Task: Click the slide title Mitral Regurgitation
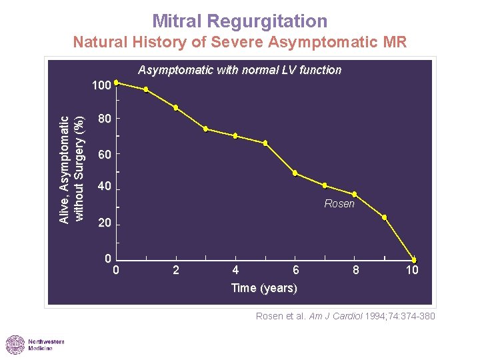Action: click(x=239, y=21)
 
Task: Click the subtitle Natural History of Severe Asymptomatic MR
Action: click(x=239, y=43)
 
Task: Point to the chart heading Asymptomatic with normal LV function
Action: click(x=239, y=70)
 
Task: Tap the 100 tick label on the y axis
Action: click(x=101, y=86)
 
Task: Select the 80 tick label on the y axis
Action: click(x=104, y=119)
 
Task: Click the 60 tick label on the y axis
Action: click(x=104, y=155)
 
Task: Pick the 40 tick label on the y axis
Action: click(x=104, y=187)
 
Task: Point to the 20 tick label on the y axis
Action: click(x=104, y=223)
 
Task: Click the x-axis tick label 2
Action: click(x=176, y=270)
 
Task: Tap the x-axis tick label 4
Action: click(x=235, y=270)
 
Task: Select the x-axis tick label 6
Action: click(x=296, y=270)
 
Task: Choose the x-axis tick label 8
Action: click(x=356, y=270)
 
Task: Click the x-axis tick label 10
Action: click(x=413, y=270)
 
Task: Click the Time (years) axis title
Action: click(x=264, y=288)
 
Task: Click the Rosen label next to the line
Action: click(x=339, y=204)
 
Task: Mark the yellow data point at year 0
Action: click(x=116, y=83)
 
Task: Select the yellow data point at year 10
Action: click(x=414, y=260)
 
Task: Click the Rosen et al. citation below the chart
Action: click(x=345, y=316)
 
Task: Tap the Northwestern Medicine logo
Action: click(x=35, y=345)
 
